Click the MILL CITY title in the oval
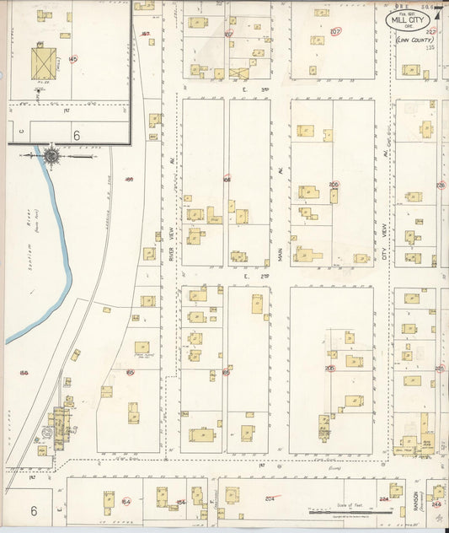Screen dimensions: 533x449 click(x=408, y=20)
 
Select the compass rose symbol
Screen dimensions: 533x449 click(x=52, y=155)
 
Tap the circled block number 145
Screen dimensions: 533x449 click(x=73, y=59)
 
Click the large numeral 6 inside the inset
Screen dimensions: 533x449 click(x=76, y=134)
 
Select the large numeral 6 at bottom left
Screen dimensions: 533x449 click(x=35, y=510)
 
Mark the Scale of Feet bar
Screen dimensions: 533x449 click(x=344, y=511)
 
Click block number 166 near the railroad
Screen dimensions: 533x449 click(x=130, y=179)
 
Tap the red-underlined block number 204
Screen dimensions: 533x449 click(x=270, y=498)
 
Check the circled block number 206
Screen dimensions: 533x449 click(x=334, y=184)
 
